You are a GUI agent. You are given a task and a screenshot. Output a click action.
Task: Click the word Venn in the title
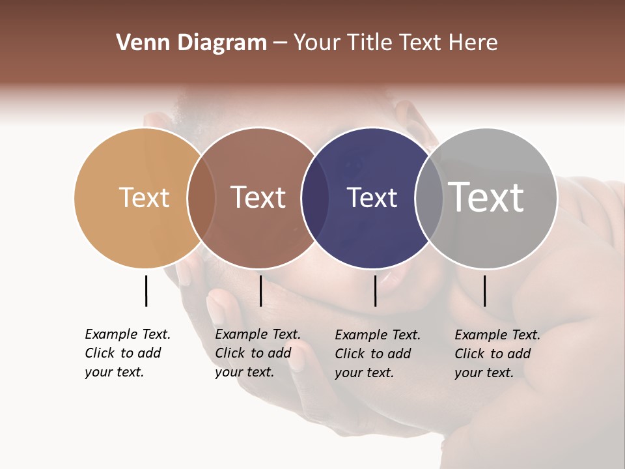(137, 43)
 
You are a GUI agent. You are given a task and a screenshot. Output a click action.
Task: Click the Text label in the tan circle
(144, 197)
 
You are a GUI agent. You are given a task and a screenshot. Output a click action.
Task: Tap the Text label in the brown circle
(258, 197)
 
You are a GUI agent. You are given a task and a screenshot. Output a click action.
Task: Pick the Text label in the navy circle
(372, 197)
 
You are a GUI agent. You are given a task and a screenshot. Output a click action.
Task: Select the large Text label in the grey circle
(486, 197)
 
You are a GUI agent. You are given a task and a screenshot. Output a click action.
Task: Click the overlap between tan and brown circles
(201, 197)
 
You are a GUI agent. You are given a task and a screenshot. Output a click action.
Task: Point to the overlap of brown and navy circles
(315, 197)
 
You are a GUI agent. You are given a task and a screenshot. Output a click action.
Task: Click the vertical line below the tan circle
(146, 291)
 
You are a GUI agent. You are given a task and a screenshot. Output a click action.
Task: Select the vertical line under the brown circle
(260, 291)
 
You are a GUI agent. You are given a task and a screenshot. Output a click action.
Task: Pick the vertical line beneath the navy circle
(375, 291)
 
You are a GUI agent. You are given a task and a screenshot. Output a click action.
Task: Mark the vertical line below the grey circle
(484, 291)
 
